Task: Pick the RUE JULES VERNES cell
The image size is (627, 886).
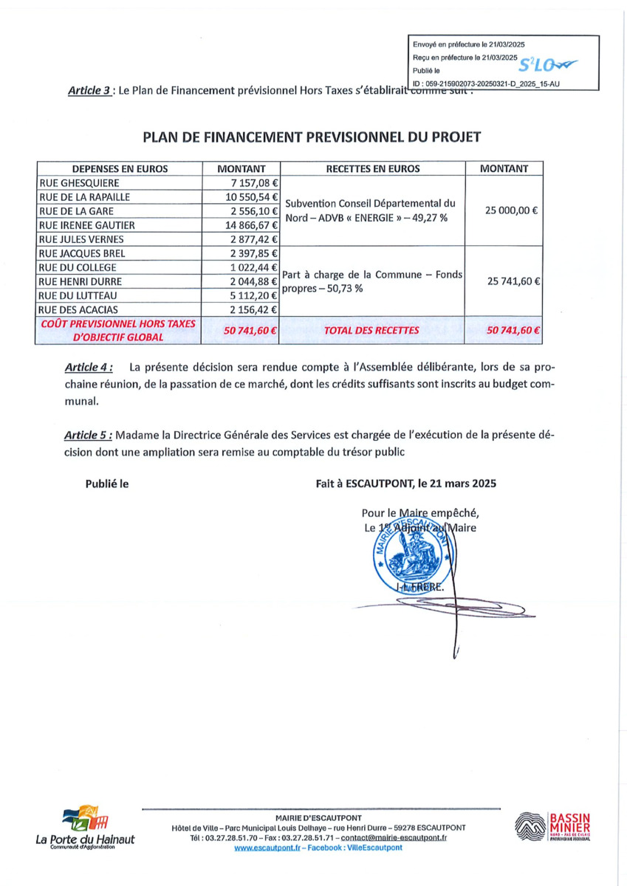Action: click(81, 239)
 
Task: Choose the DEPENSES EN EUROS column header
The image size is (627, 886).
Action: click(120, 168)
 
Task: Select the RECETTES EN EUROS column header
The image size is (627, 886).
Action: click(372, 168)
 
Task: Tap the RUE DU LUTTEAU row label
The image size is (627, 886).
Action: click(76, 295)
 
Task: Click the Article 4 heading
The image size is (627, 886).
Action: click(89, 367)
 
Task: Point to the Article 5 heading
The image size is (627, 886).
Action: click(89, 434)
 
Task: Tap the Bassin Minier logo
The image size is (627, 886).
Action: click(552, 828)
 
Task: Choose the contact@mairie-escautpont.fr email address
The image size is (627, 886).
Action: click(394, 838)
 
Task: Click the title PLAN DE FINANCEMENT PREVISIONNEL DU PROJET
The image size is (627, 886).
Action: click(312, 137)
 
